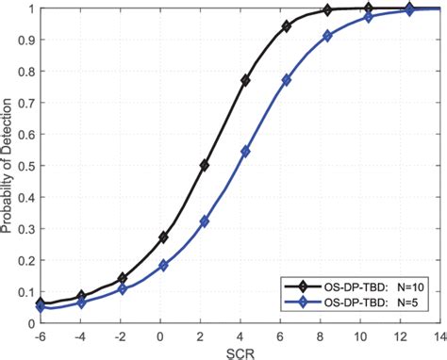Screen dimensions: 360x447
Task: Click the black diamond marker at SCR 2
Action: click(205, 165)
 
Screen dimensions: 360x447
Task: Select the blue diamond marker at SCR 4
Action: click(245, 151)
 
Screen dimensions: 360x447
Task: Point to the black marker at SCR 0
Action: click(163, 237)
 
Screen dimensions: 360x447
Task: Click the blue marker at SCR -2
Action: click(123, 288)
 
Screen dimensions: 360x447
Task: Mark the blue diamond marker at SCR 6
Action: click(287, 80)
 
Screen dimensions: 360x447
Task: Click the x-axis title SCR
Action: click(225, 352)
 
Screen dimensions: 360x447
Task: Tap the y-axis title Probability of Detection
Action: click(8, 165)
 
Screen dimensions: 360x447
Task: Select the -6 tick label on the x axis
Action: click(40, 335)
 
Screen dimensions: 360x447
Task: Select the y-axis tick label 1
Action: click(28, 9)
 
